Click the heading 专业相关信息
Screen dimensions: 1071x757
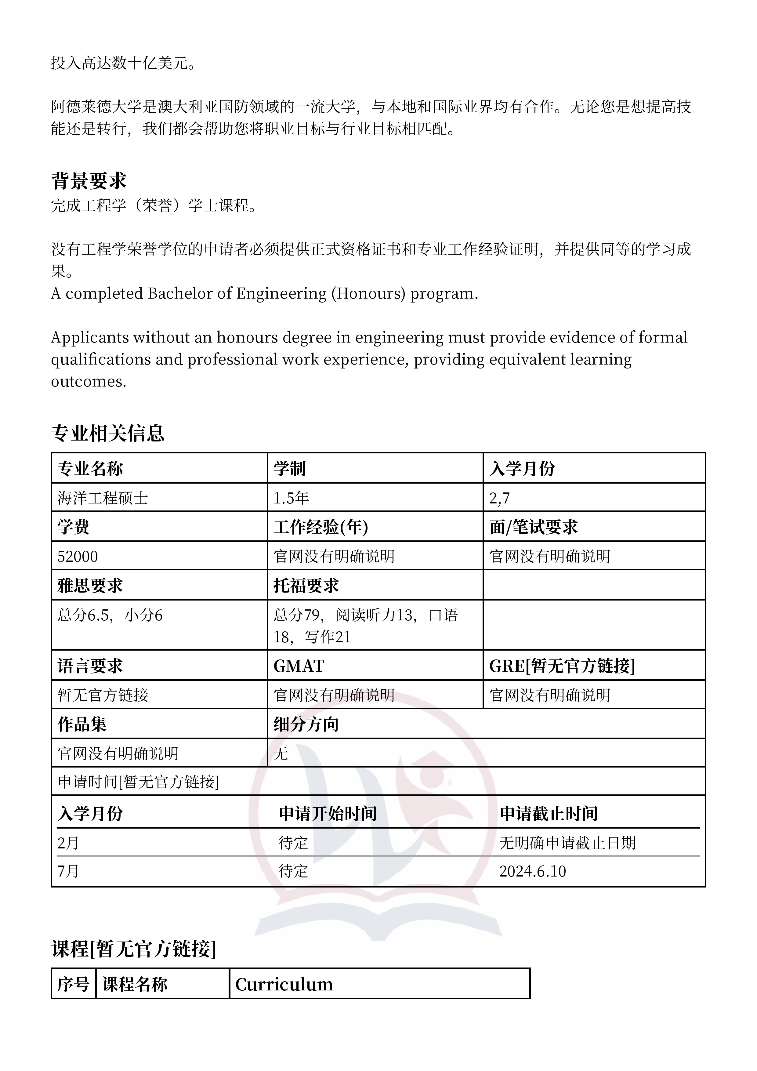pyautogui.click(x=108, y=433)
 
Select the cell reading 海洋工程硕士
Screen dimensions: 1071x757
pyautogui.click(x=103, y=498)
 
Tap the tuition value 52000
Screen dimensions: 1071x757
pyautogui.click(x=78, y=557)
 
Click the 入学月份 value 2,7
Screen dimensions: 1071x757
pyautogui.click(x=500, y=498)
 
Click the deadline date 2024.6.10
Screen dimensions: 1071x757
pyautogui.click(x=533, y=871)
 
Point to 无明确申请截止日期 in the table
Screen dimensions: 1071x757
pyautogui.click(x=568, y=843)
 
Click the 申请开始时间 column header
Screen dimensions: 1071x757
pyautogui.click(x=328, y=814)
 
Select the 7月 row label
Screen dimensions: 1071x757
pyautogui.click(x=68, y=871)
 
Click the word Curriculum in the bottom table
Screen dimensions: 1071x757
pyautogui.click(x=284, y=984)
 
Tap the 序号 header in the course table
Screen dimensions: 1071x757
pyautogui.click(x=73, y=984)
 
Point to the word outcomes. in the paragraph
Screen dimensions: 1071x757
pyautogui.click(x=89, y=382)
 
